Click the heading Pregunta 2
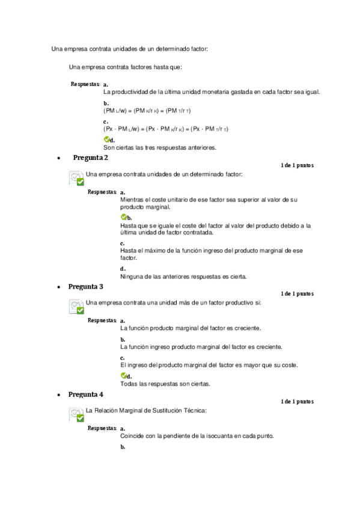90,158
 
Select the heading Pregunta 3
85,286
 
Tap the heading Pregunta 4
85,395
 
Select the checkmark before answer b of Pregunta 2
123,217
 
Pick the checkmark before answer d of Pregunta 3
123,376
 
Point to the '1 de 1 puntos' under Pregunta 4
296,402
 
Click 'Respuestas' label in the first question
85,84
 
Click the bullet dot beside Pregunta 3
58,287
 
